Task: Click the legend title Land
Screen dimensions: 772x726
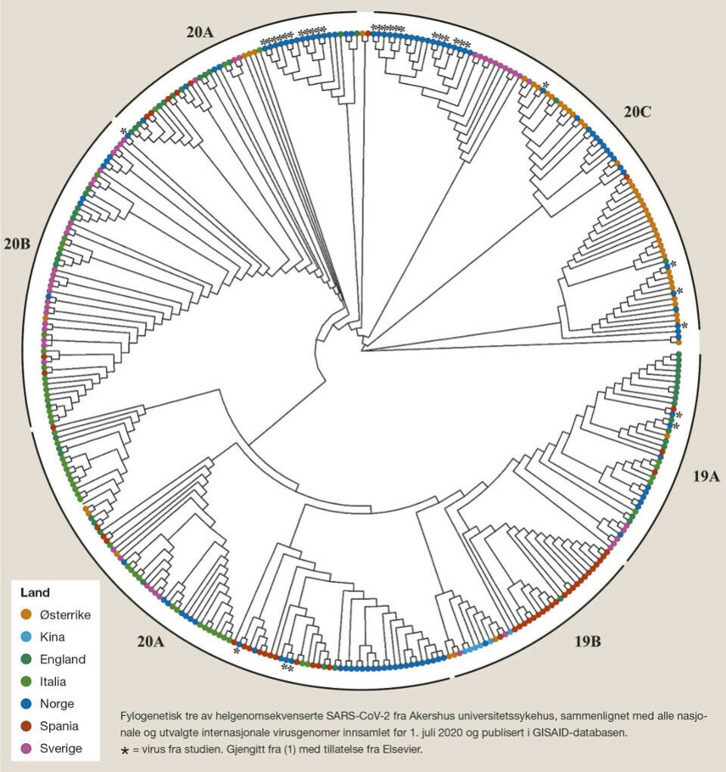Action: click(35, 593)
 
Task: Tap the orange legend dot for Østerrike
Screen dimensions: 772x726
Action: click(26, 615)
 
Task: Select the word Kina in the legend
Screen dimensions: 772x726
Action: click(52, 637)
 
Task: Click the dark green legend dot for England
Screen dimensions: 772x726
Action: click(26, 659)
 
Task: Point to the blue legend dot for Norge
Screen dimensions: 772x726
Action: click(26, 704)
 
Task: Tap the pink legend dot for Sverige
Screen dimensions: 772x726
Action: click(26, 749)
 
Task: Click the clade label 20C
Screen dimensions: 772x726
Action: click(638, 112)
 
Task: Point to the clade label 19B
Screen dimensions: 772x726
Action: click(587, 643)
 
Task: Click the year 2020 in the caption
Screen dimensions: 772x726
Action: click(382, 732)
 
